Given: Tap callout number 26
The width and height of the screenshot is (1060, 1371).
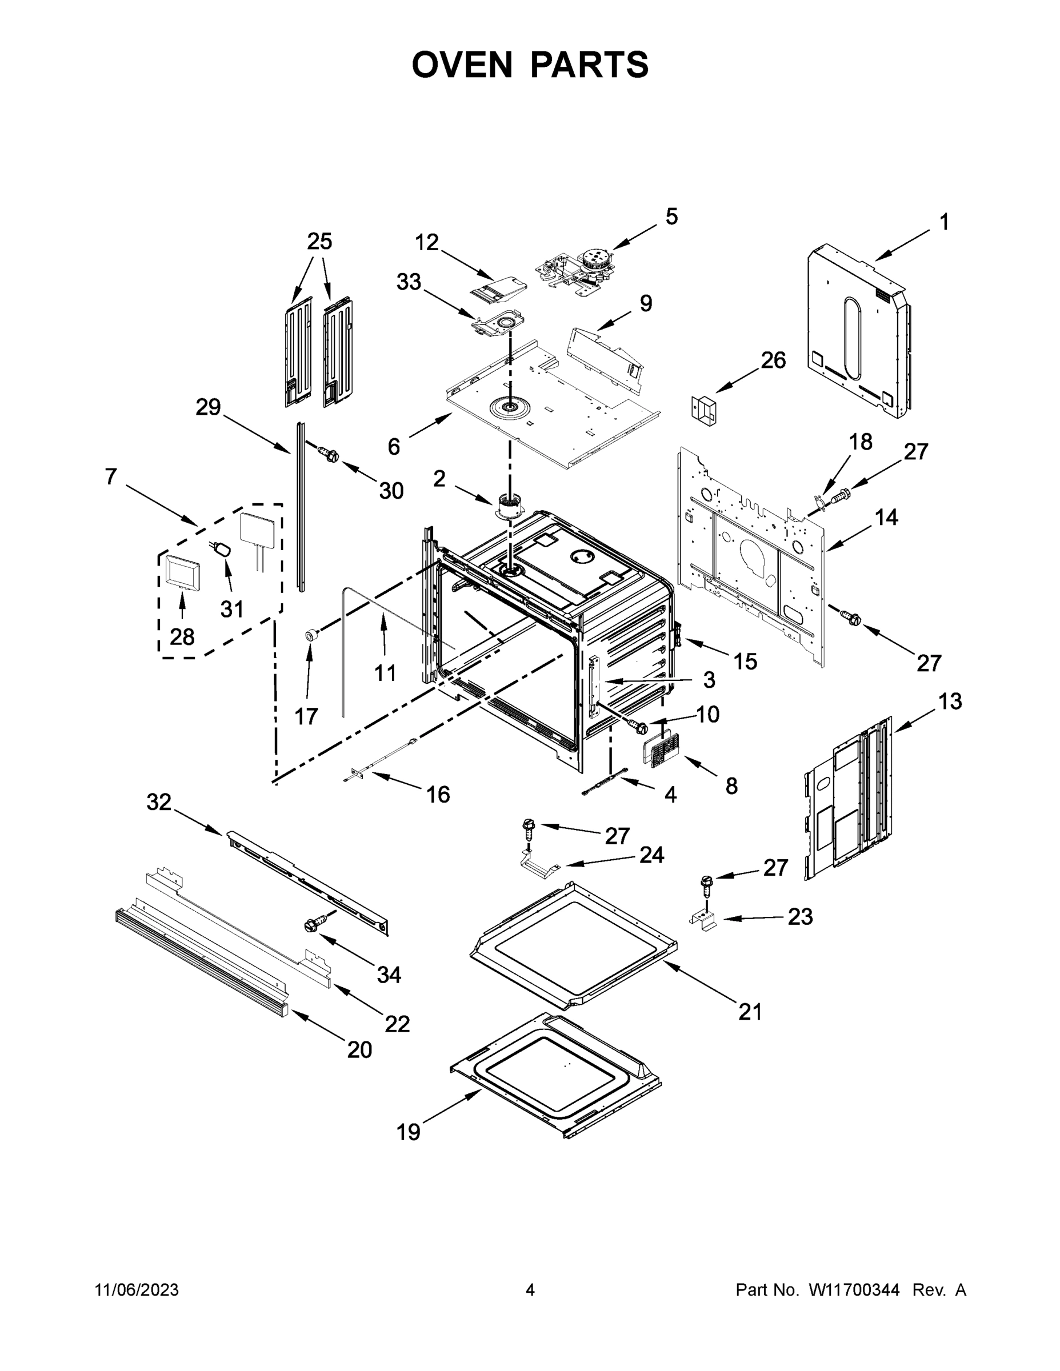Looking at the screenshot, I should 773,360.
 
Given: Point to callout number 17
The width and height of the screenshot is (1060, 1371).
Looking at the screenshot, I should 306,716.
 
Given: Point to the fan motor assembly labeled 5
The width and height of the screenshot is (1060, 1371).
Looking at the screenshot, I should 578,270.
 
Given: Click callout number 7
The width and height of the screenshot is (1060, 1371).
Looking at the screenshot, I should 111,476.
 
